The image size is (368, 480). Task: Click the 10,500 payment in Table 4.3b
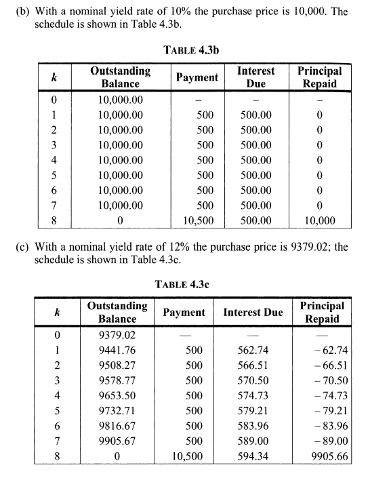point(199,220)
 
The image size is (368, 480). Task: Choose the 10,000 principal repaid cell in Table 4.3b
point(319,220)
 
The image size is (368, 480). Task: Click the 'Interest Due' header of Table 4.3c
point(253,313)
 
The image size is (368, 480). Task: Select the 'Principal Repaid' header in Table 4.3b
point(319,77)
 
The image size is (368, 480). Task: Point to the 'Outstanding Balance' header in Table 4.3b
point(120,77)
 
